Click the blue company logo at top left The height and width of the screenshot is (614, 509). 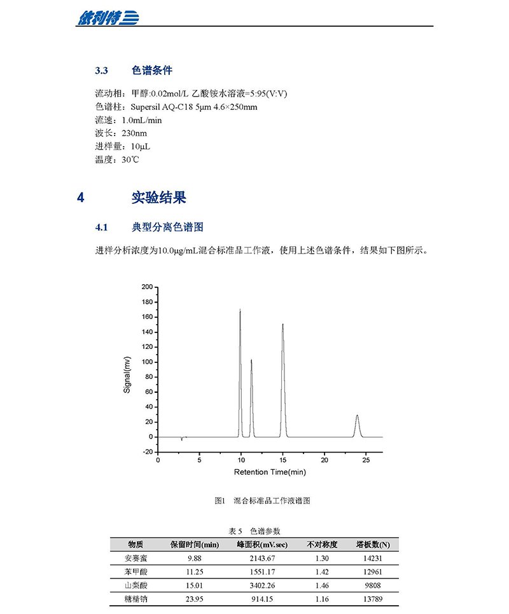tap(108, 17)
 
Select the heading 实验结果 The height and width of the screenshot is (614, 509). tap(158, 198)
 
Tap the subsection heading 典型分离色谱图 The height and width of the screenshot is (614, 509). tap(167, 227)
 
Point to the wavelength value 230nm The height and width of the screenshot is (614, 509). tap(134, 133)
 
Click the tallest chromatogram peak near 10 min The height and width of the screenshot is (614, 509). tap(240, 311)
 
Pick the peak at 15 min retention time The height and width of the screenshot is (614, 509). tap(282, 326)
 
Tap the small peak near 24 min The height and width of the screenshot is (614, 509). tap(357, 417)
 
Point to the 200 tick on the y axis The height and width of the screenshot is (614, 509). tap(147, 287)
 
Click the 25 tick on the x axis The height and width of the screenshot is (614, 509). tap(366, 460)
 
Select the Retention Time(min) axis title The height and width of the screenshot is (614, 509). tap(270, 472)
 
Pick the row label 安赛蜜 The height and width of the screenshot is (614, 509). tap(136, 558)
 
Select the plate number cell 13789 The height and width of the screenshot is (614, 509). tap(373, 598)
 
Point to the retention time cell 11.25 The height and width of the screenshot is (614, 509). tap(194, 571)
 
